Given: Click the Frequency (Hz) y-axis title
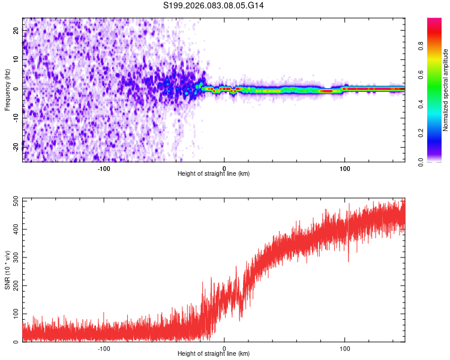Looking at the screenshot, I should (7, 90).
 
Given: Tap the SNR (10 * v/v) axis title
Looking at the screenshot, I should (7, 270).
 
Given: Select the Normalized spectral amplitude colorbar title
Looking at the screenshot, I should (445, 90).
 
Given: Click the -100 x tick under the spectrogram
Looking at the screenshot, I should (104, 169).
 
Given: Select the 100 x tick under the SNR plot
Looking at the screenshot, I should (345, 349).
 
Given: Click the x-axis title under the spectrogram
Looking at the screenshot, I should (214, 174).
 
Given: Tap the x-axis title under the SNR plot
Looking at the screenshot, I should (214, 354).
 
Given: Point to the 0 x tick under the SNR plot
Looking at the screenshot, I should (224, 349).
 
